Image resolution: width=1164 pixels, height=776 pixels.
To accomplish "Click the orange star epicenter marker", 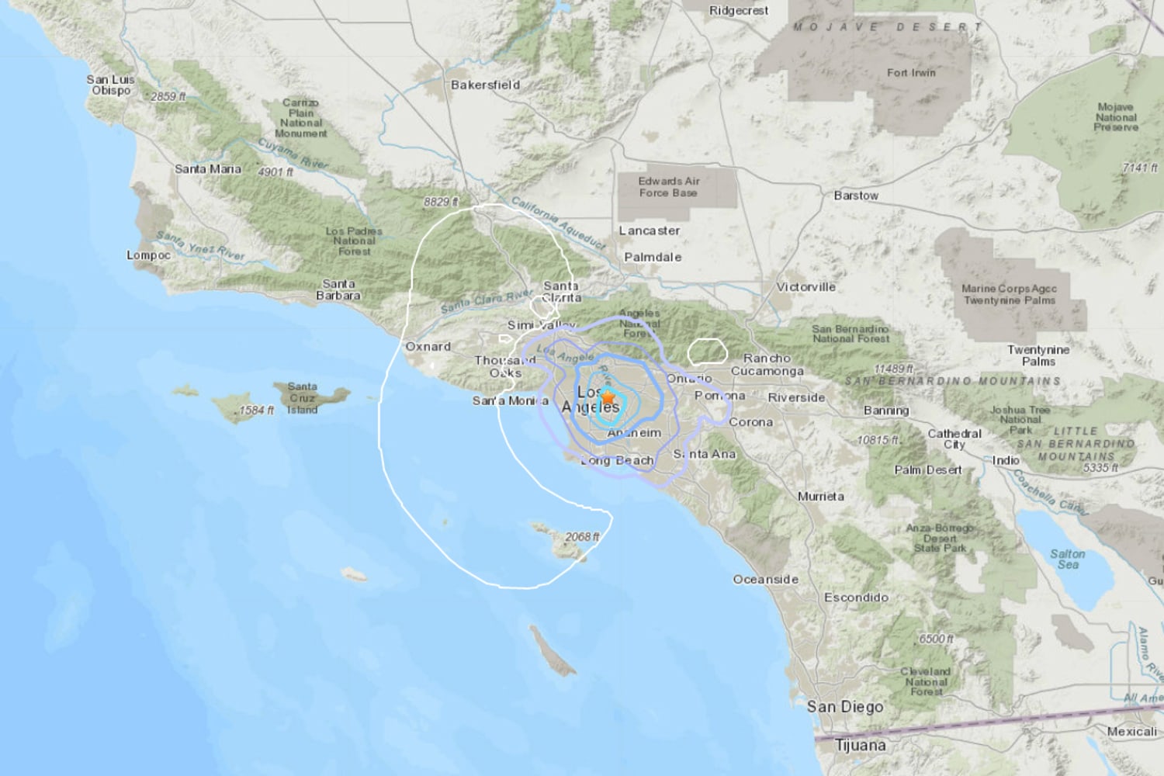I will click(x=608, y=398).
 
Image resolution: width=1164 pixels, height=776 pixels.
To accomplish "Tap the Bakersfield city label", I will click(x=485, y=85).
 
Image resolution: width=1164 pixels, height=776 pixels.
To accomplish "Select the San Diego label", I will click(x=844, y=707).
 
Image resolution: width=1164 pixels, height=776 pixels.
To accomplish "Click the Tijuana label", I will click(x=860, y=746).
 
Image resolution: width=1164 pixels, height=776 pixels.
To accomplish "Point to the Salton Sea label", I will click(x=1067, y=559).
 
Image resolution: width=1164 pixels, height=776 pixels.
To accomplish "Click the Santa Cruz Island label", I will click(x=302, y=397).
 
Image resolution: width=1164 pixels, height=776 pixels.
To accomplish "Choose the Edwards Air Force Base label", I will click(x=669, y=186).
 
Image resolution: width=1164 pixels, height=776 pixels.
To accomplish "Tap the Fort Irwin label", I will click(x=911, y=73).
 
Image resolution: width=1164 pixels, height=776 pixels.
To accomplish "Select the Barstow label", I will click(x=856, y=196).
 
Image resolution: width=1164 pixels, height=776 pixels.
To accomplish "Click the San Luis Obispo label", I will click(x=110, y=85).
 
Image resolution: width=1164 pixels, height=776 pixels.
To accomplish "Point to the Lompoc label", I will click(x=148, y=255).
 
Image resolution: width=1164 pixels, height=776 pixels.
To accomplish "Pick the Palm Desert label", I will click(x=927, y=469).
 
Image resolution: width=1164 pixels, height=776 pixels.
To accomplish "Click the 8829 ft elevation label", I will click(x=440, y=202).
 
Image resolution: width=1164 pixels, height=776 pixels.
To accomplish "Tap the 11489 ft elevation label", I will click(x=894, y=369).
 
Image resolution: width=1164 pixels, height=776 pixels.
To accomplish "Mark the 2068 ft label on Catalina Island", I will click(x=582, y=536).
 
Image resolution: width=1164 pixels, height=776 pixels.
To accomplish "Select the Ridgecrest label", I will click(x=739, y=11).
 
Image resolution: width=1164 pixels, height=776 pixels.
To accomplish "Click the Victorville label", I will click(x=805, y=287).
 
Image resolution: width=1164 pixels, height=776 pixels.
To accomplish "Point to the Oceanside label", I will click(x=765, y=580).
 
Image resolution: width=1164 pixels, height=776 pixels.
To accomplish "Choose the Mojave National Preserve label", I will click(x=1116, y=117).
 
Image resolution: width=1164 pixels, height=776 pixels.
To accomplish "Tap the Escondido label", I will click(x=856, y=598).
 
